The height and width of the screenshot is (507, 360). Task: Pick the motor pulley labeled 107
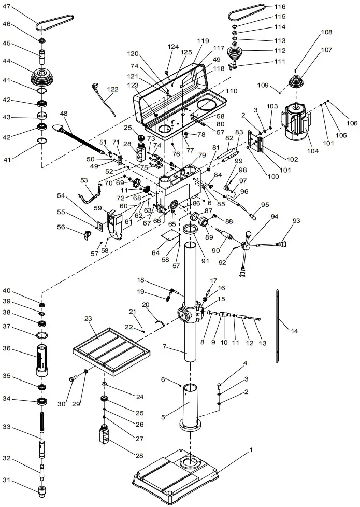pyautogui.click(x=295, y=83)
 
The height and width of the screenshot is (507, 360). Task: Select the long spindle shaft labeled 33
pyautogui.click(x=41, y=433)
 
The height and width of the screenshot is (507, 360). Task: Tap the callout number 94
pyautogui.click(x=274, y=216)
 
